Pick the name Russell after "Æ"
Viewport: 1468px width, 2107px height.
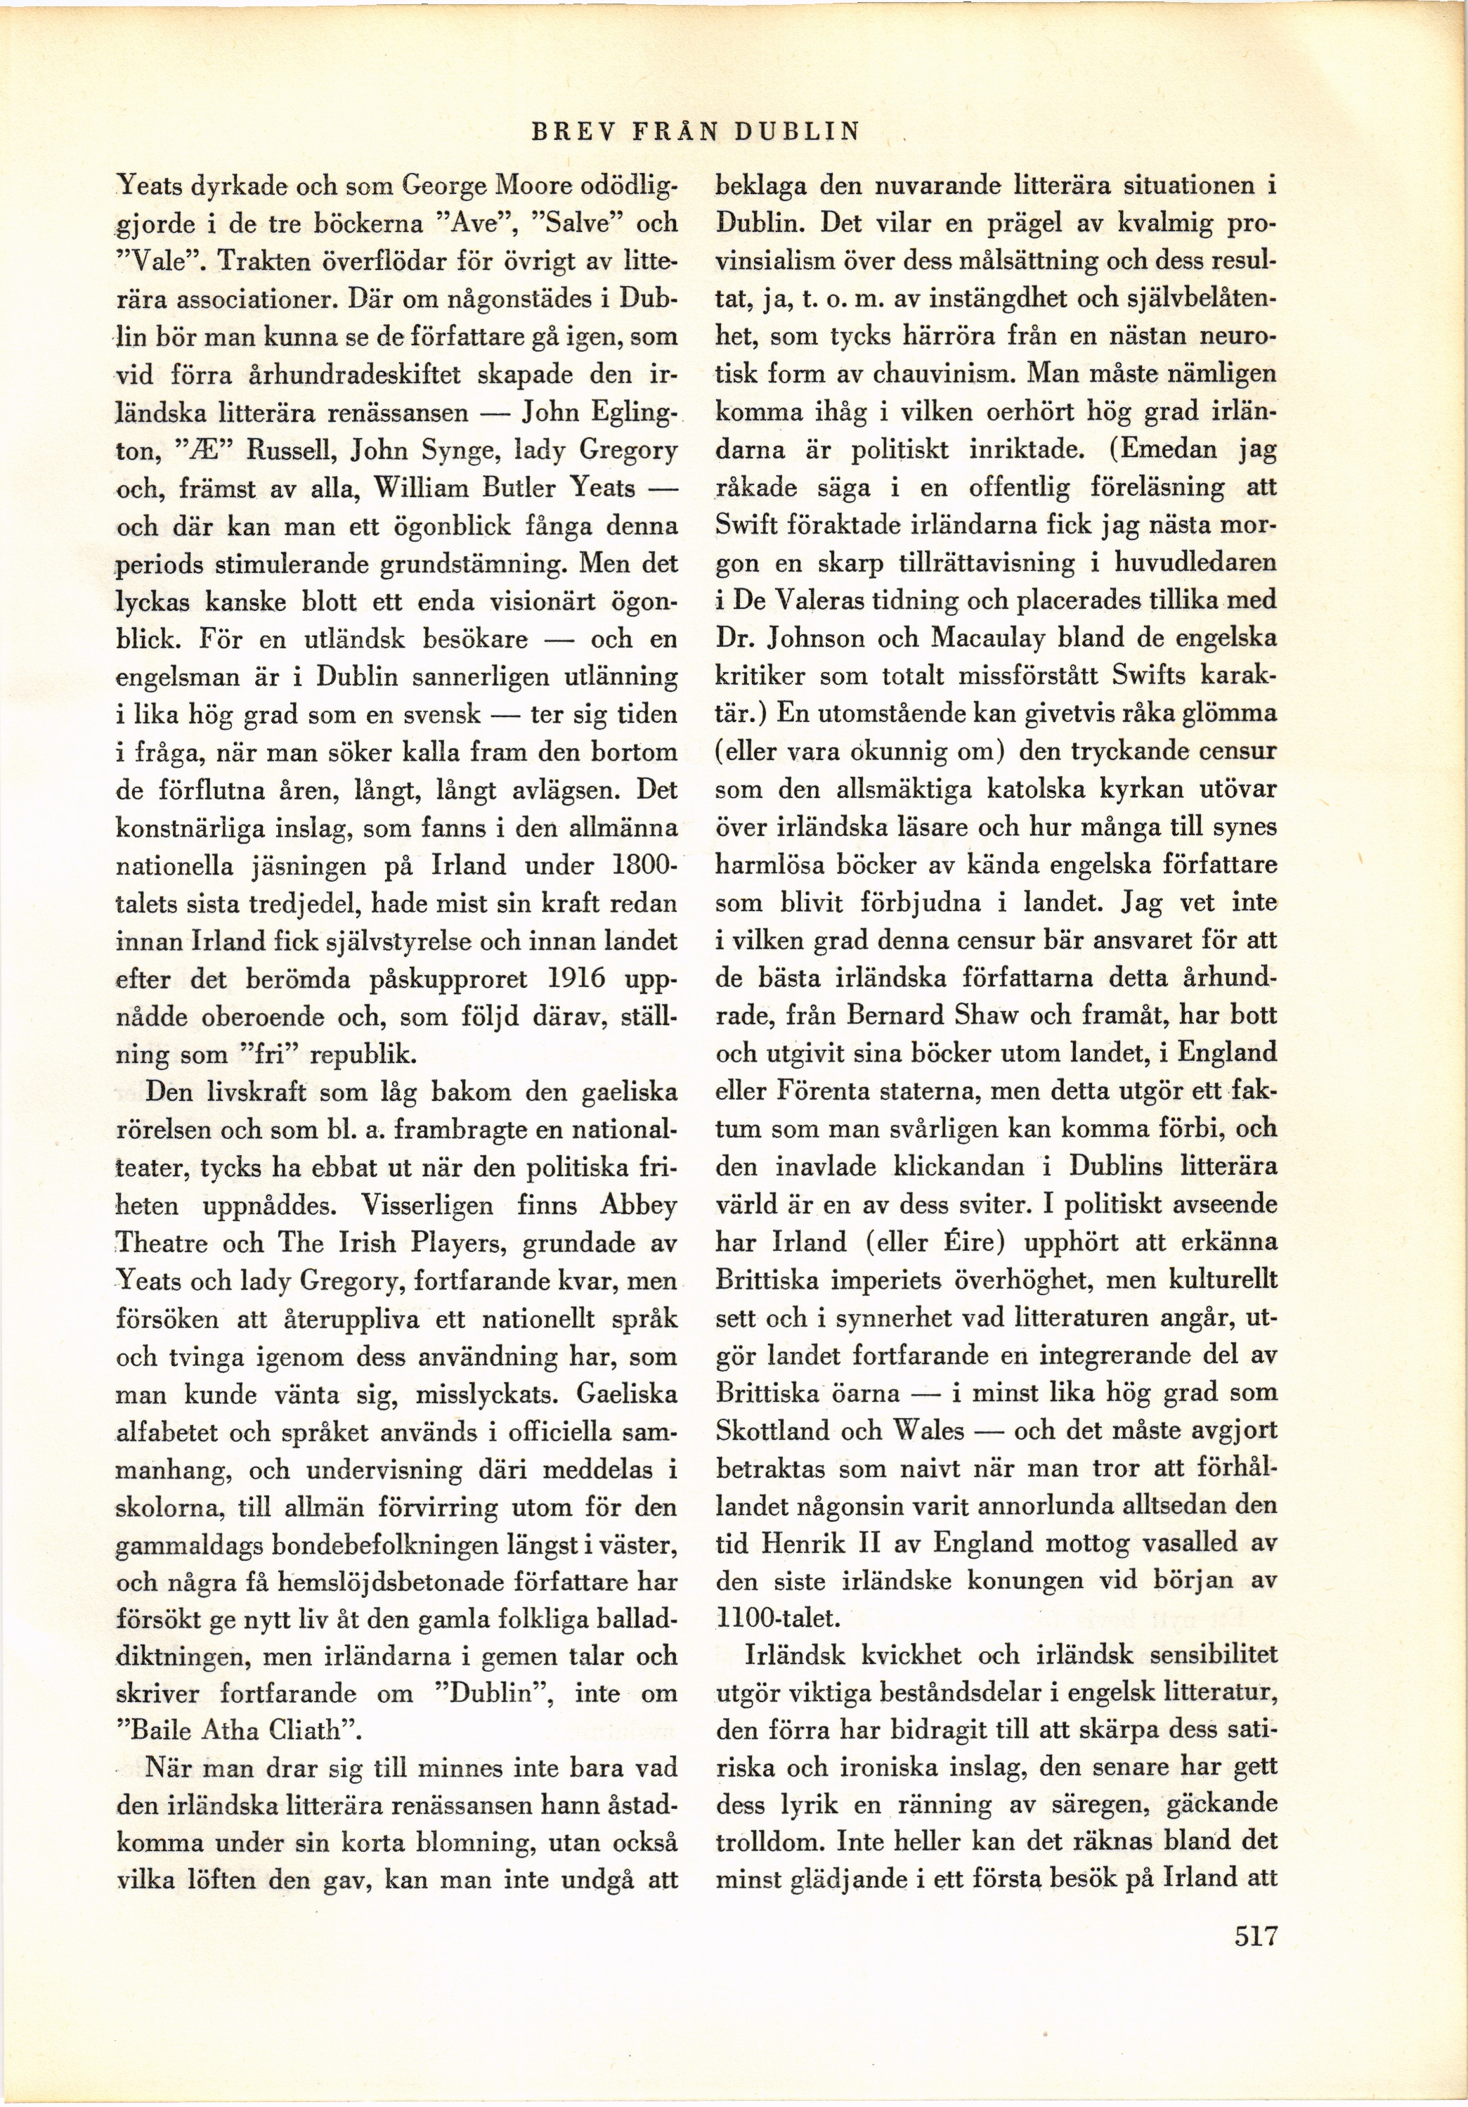pos(285,451)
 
